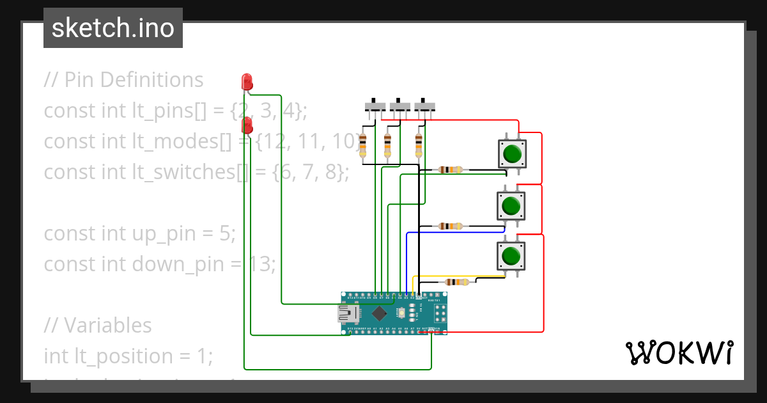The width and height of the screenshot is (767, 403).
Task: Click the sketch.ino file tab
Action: [x=112, y=28]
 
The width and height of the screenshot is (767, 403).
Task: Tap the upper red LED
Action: [x=247, y=82]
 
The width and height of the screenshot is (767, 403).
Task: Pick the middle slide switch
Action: [x=399, y=107]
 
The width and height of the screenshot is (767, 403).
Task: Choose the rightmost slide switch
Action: [x=424, y=107]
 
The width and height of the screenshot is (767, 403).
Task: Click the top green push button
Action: [x=511, y=154]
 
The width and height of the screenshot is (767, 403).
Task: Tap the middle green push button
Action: [x=511, y=205]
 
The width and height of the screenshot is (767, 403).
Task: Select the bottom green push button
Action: [x=511, y=256]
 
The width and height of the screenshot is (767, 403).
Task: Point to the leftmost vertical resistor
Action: [x=363, y=146]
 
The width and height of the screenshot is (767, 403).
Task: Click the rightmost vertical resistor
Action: [x=419, y=146]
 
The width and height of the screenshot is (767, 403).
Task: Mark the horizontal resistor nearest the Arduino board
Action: [x=456, y=282]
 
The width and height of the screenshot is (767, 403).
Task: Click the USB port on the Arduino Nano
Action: [x=349, y=313]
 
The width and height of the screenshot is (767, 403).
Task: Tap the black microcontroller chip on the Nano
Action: [x=380, y=313]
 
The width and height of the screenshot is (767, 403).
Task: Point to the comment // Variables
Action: [x=98, y=326]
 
